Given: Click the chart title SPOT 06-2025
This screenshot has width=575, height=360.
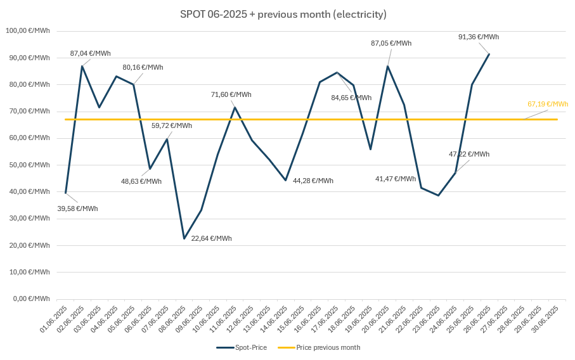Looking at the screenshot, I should [283, 14].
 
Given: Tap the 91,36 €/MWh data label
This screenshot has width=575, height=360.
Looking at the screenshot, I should [478, 37].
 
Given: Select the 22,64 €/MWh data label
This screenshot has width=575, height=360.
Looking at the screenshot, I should [211, 238].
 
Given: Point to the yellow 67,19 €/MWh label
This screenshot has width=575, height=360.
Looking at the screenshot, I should [548, 104].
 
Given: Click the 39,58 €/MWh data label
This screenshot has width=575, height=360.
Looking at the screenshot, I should [77, 209].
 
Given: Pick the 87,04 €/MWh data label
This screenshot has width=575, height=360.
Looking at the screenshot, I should [90, 53].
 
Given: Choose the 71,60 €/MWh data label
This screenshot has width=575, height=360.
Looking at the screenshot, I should [231, 94].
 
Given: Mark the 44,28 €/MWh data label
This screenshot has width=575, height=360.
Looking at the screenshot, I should [313, 181].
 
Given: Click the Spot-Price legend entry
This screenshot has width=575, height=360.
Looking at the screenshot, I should [243, 347].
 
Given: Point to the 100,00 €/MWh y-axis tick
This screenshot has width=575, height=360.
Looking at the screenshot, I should [28, 30].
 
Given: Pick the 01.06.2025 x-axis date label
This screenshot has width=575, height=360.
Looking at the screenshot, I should [54, 319].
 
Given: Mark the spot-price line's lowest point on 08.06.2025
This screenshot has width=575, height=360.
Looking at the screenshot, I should [184, 238].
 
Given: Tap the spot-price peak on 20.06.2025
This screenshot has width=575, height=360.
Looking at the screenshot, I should [387, 66].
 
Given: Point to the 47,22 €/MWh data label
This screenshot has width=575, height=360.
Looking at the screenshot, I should [468, 154].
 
